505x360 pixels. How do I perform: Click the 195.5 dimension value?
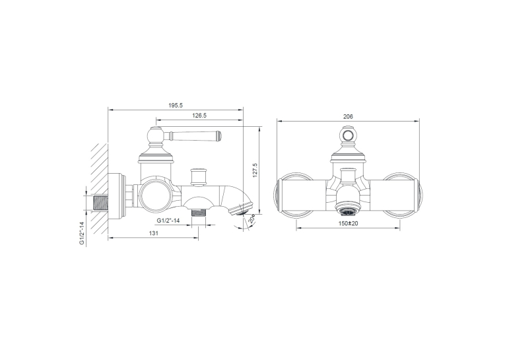pyautogui.click(x=176, y=106)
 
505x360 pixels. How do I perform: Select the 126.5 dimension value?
pyautogui.click(x=199, y=116)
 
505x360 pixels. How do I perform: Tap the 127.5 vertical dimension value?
pyautogui.click(x=255, y=170)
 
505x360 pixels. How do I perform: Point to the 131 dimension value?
pyautogui.click(x=154, y=233)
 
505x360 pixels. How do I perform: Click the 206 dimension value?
pyautogui.click(x=348, y=117)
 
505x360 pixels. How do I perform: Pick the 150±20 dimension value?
pyautogui.click(x=348, y=223)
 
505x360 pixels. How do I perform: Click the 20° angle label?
pyautogui.click(x=252, y=219)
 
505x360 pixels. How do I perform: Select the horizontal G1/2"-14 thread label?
pyautogui.click(x=168, y=221)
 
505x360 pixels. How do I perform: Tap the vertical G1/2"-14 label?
pyautogui.click(x=81, y=233)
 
